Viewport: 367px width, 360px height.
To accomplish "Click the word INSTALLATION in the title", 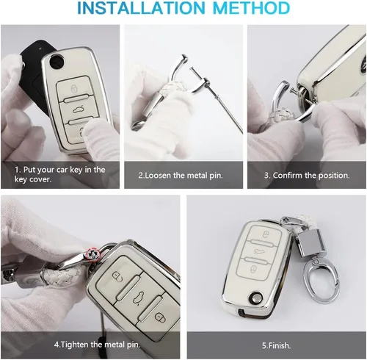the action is tap(141, 8).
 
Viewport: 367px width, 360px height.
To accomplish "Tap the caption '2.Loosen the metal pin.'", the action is tap(181, 176).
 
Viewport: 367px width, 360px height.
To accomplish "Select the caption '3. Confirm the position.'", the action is tap(307, 176).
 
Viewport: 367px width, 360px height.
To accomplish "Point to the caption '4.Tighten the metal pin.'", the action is tap(97, 345).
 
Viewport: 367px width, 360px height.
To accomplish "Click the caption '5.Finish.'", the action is tap(276, 345).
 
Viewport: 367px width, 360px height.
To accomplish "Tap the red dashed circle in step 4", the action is tap(93, 255).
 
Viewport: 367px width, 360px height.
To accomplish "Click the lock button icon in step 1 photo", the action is tap(73, 88).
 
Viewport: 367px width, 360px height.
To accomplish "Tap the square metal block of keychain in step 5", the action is tap(308, 244).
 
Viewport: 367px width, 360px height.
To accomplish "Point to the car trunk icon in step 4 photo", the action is tap(138, 298).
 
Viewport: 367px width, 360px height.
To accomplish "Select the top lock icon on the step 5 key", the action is tap(265, 234).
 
